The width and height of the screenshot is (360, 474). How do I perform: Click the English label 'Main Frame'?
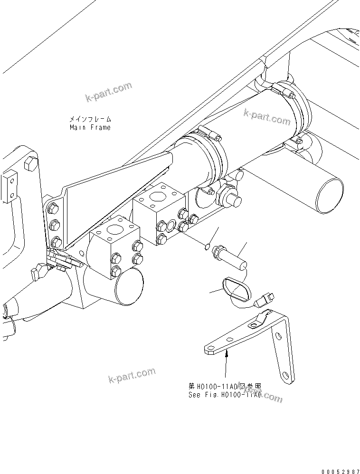90,127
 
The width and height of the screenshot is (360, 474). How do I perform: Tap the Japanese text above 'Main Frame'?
90,119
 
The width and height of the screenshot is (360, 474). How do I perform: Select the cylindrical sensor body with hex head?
230,256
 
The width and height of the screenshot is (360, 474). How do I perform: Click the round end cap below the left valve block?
128,287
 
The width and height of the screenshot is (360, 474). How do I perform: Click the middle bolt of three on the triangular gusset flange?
54,225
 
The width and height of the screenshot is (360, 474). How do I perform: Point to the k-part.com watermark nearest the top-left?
108,92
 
